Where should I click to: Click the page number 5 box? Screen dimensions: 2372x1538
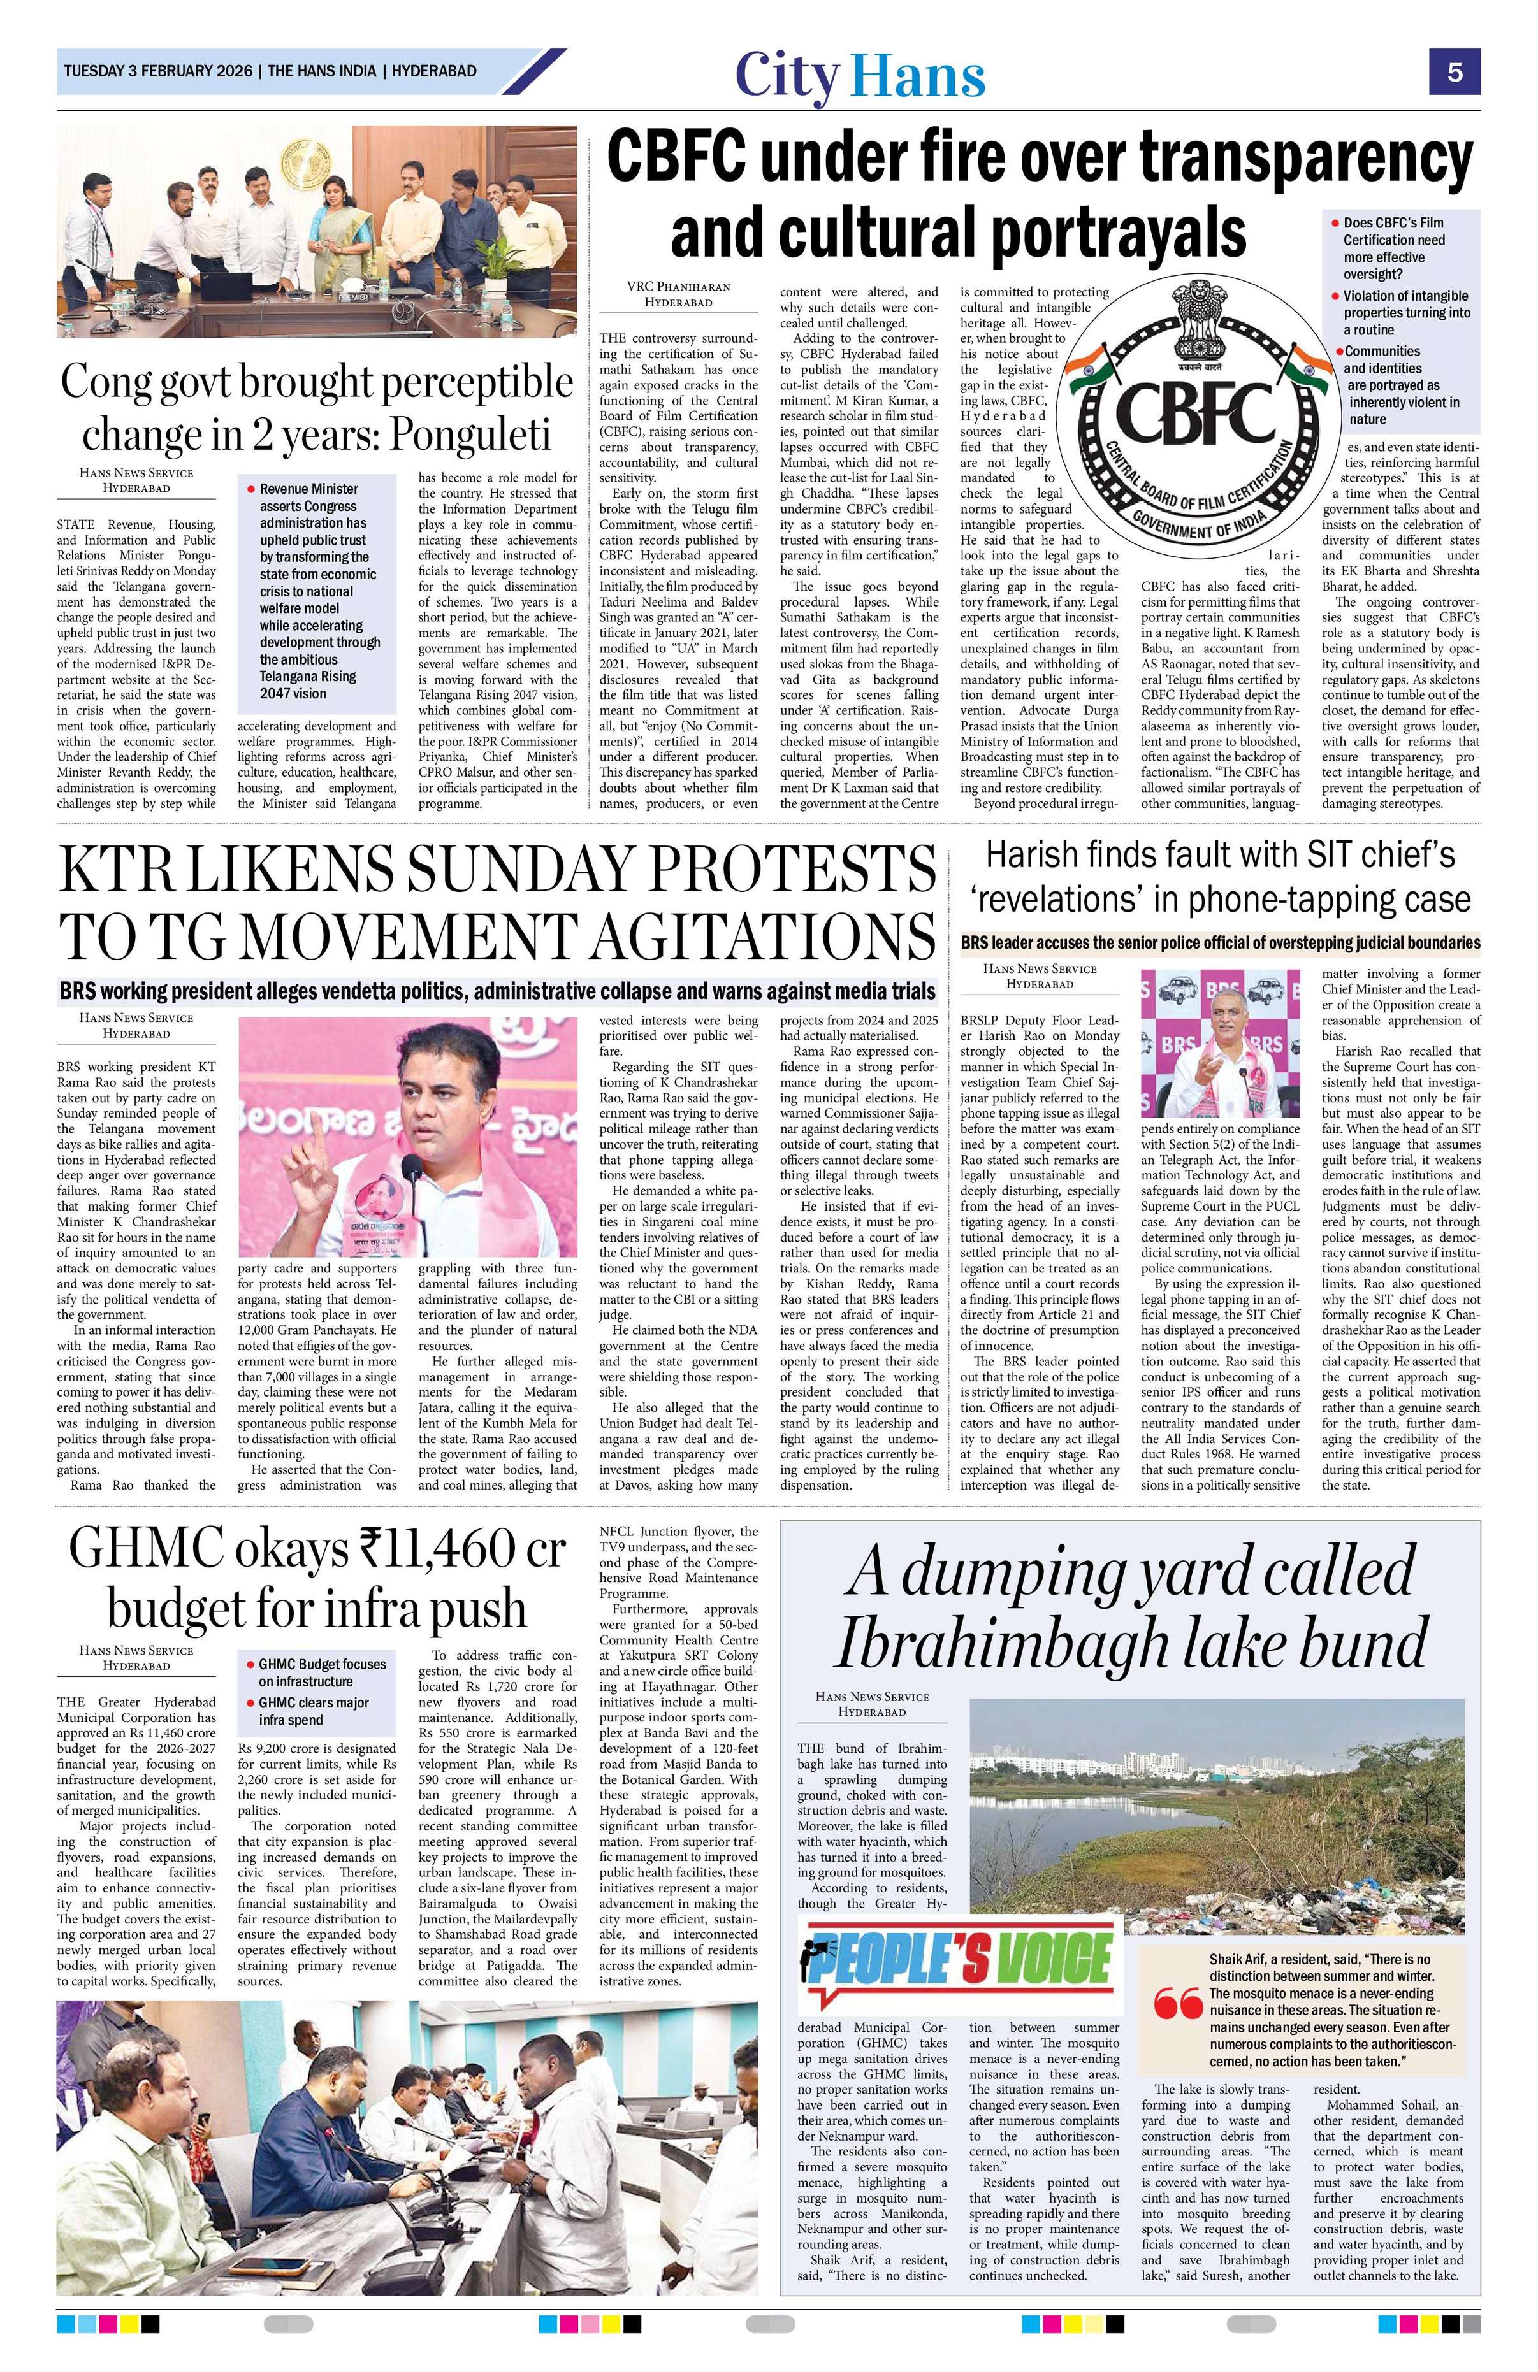(x=1455, y=72)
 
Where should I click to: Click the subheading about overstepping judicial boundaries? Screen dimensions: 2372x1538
(x=1219, y=942)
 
